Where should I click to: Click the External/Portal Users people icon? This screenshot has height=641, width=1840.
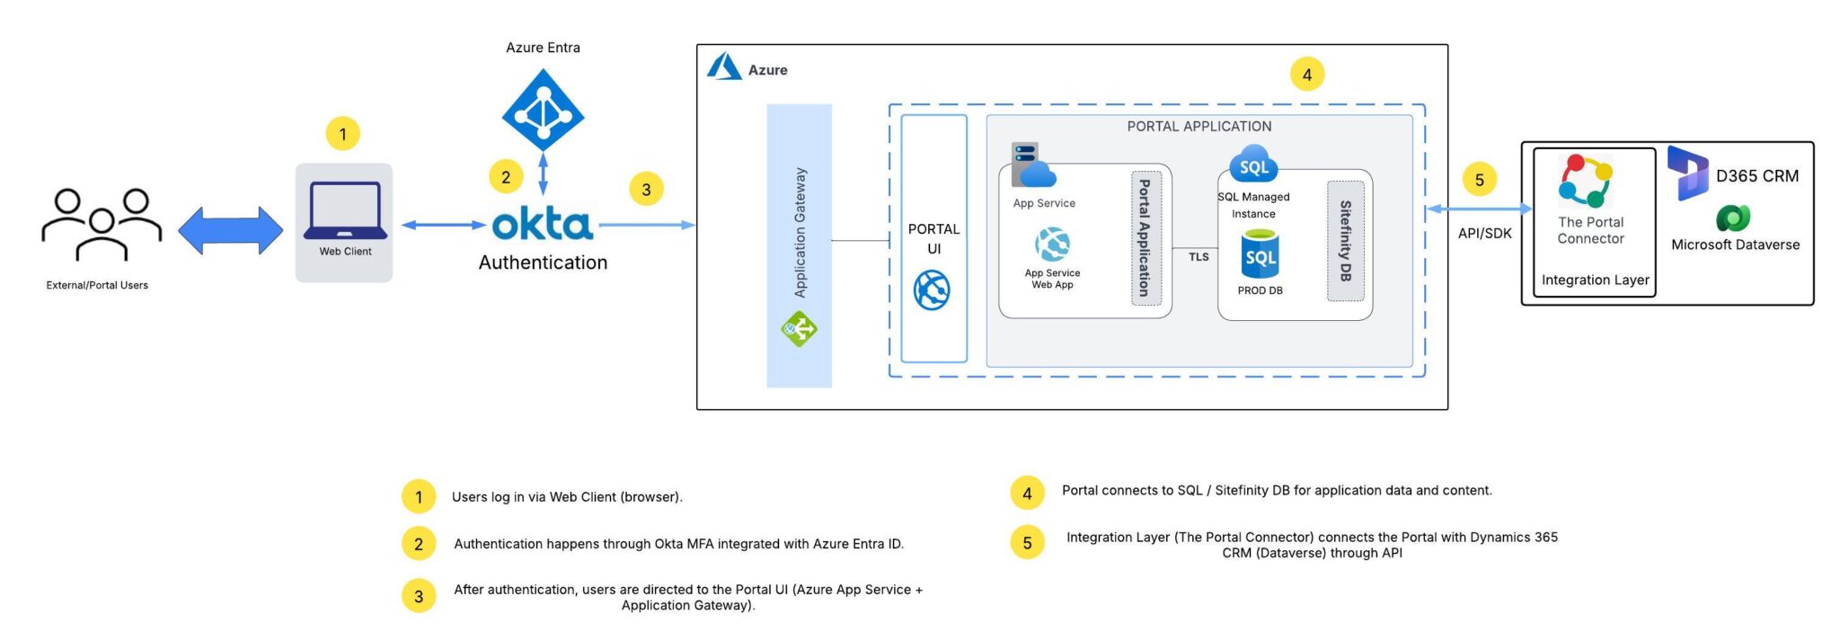pos(102,224)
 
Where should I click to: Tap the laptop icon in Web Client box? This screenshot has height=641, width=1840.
pos(345,210)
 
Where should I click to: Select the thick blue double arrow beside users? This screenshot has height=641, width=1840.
pos(230,230)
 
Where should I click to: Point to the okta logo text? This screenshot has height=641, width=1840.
pos(543,224)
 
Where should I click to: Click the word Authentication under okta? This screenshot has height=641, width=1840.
pos(543,263)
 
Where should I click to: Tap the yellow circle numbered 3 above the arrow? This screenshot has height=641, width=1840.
pos(646,189)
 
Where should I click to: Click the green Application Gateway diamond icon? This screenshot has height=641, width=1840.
pos(799,329)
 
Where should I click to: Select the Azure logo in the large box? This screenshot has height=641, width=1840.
pos(724,67)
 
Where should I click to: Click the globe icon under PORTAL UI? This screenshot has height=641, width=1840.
pos(932,290)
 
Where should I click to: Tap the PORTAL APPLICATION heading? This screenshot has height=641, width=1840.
pos(1199,127)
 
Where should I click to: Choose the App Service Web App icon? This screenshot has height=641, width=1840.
pos(1052,245)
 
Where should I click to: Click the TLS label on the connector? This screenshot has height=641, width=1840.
pos(1199,257)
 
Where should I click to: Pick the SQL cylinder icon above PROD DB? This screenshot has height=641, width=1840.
pos(1260,254)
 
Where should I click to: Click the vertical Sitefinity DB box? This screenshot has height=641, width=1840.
pos(1345,241)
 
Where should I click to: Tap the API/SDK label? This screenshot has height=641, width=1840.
pos(1484,234)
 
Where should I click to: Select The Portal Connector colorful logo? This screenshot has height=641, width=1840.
pos(1586,180)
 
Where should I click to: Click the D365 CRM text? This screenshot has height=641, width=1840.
pos(1756,176)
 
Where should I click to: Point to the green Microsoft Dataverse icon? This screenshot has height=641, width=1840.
pos(1733,218)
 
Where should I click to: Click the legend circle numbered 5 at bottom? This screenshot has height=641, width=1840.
pos(1027,542)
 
